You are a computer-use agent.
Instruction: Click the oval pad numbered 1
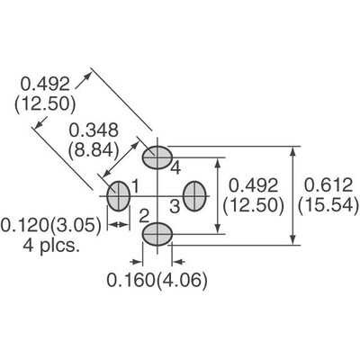(119, 195)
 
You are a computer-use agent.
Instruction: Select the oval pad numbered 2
(157, 233)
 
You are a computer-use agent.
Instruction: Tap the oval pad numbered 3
(195, 195)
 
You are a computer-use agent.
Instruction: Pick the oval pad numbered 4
(157, 157)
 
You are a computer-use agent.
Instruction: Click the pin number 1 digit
(136, 185)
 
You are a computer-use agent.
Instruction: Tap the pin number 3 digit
(175, 206)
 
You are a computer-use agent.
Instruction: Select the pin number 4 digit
(176, 168)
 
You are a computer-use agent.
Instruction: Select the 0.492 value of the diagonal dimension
(42, 82)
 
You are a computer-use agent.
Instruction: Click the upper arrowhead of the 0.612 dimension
(293, 152)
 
